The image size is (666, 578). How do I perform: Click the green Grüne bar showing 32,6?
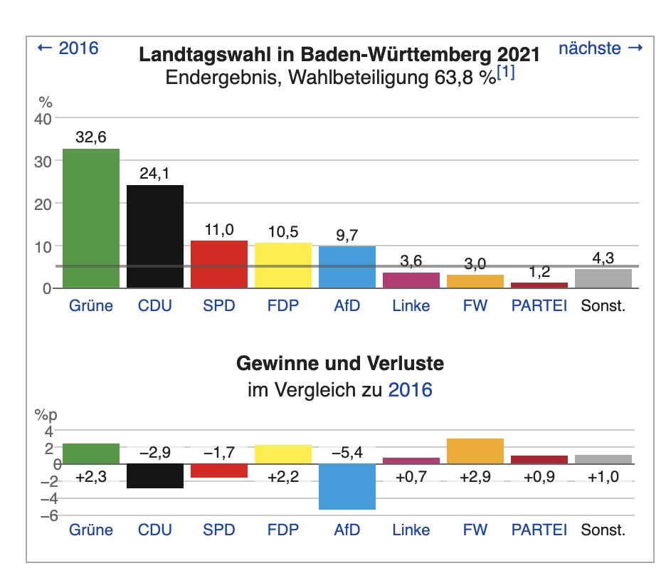[91, 219]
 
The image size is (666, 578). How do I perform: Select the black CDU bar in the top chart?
[155, 237]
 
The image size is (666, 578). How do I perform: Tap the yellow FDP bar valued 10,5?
[283, 266]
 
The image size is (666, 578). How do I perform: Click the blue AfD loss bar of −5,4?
[347, 487]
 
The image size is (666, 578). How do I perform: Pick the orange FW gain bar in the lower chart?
[475, 451]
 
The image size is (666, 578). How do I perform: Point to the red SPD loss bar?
[219, 471]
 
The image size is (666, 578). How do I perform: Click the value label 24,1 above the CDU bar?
[154, 174]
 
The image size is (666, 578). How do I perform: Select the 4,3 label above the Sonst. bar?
[603, 258]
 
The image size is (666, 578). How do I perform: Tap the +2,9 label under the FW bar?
[475, 477]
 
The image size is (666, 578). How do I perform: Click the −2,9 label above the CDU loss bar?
[155, 453]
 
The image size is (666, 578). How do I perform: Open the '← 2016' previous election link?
[68, 48]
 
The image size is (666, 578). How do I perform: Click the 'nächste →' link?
[601, 48]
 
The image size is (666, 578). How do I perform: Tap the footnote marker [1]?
[506, 73]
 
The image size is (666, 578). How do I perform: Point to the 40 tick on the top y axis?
[43, 120]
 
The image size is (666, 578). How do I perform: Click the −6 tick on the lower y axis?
[49, 515]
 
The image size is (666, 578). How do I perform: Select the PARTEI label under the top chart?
[539, 305]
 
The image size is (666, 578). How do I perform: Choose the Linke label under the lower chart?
[411, 530]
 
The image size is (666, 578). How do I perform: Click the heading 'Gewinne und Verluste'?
[340, 363]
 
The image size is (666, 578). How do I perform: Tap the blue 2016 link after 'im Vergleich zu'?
[411, 390]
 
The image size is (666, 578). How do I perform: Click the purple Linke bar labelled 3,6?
[411, 280]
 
